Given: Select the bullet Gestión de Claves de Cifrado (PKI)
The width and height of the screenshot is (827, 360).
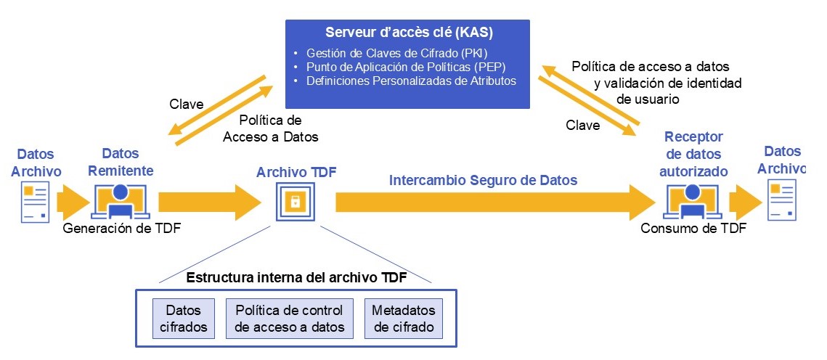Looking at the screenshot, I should click(x=396, y=54).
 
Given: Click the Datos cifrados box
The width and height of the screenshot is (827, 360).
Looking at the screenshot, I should click(x=184, y=318).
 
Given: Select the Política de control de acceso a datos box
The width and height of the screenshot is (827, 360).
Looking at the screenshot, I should click(x=290, y=318).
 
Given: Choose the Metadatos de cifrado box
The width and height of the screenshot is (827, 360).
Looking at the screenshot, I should click(x=402, y=318).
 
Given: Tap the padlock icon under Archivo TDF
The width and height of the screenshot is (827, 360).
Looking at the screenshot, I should click(x=296, y=202).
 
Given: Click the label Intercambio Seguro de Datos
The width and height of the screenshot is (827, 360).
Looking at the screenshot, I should click(x=484, y=180).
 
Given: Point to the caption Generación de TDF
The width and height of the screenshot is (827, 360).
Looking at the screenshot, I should click(x=122, y=229).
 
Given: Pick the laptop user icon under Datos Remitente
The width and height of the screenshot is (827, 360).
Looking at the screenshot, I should click(x=121, y=200).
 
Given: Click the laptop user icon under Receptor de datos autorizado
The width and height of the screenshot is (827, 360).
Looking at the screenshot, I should click(x=693, y=200).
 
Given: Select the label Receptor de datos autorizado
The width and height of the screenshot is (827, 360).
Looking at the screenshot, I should click(x=694, y=154).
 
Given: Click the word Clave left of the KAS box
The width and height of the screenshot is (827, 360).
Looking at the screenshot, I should click(x=186, y=103).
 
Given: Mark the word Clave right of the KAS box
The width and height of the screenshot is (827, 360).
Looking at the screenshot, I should click(x=583, y=125).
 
